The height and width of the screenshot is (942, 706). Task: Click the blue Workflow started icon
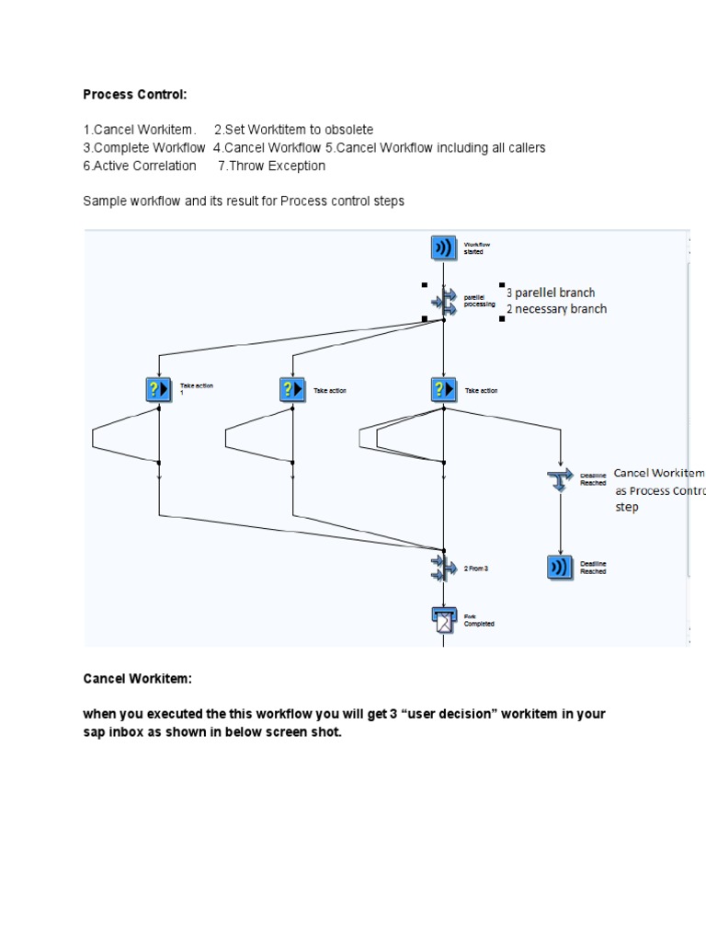(x=444, y=247)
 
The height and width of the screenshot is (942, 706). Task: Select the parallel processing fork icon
(x=444, y=300)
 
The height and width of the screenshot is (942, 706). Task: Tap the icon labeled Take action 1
(x=158, y=389)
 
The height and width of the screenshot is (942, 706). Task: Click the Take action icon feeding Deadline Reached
(x=444, y=389)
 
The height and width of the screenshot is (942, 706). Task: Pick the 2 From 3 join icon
(x=444, y=568)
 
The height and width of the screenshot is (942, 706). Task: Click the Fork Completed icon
(x=444, y=620)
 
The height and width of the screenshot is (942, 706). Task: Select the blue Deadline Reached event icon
(x=560, y=568)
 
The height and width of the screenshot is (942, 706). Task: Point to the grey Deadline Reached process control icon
(x=560, y=478)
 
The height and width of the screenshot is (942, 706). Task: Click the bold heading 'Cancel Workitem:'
(x=138, y=678)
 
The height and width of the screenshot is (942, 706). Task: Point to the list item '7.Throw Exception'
(x=271, y=166)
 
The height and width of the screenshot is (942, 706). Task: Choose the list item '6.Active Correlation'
(x=140, y=166)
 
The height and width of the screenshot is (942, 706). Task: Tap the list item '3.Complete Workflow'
(x=144, y=147)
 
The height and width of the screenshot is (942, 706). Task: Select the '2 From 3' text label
(x=476, y=569)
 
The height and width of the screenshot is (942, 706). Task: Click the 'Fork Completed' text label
(x=479, y=620)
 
